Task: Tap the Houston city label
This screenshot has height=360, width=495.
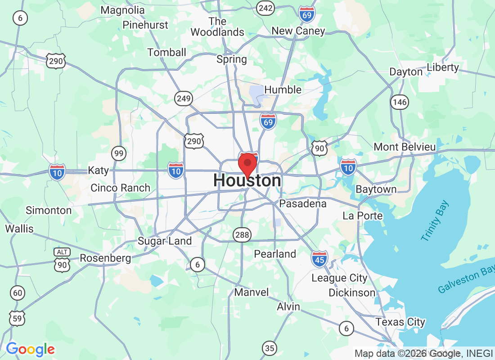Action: (x=247, y=181)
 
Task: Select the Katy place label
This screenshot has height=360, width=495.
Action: (x=98, y=171)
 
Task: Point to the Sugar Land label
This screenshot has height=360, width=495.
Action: (x=165, y=241)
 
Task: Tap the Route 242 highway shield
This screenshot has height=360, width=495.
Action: (x=265, y=7)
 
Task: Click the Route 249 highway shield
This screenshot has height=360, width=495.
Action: (x=184, y=99)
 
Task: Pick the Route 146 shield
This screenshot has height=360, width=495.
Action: (x=399, y=102)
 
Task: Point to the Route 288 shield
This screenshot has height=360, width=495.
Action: (x=242, y=234)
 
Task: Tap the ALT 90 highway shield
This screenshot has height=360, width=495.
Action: (x=62, y=261)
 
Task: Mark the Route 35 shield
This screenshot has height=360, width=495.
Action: (x=270, y=348)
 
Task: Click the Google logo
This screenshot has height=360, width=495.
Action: (x=31, y=349)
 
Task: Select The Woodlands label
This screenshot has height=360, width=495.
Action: (x=217, y=27)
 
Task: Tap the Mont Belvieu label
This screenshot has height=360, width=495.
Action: (x=405, y=147)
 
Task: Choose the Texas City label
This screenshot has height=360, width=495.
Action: (x=400, y=322)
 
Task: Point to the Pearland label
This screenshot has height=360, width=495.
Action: (x=275, y=254)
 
